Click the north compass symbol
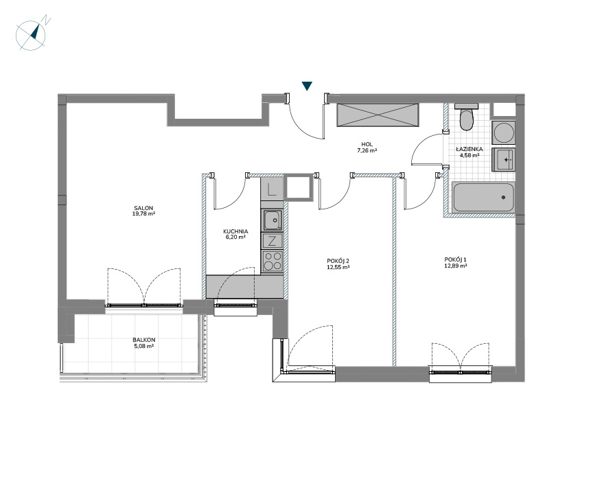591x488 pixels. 31,35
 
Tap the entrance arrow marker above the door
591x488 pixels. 308,86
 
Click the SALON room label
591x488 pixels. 143,208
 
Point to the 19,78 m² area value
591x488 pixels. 143,213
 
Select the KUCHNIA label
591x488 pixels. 235,231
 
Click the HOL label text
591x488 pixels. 367,144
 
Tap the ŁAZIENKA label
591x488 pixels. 470,149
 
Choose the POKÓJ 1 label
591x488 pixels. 455,259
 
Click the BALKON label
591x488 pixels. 144,340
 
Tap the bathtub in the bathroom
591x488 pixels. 483,197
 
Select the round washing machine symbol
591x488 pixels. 503,132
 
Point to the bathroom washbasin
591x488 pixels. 504,160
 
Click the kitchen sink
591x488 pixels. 271,220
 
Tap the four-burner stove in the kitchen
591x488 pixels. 271,261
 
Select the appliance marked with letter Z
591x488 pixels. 271,240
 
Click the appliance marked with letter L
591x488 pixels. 271,189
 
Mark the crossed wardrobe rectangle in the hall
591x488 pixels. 378,115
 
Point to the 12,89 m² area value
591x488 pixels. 455,266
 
